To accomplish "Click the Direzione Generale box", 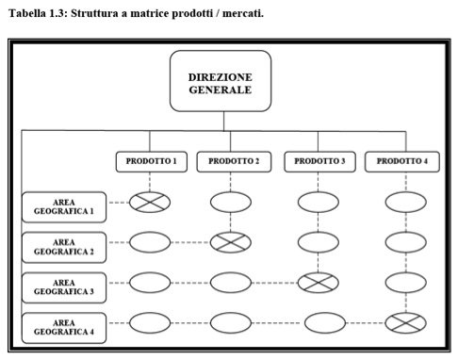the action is [x=221, y=81].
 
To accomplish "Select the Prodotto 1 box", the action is [x=152, y=162].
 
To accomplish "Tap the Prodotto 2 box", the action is [x=234, y=162].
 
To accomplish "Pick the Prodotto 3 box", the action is [x=319, y=162].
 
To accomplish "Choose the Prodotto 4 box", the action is [x=402, y=162].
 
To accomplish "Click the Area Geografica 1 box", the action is [x=64, y=207].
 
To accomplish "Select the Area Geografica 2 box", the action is [x=64, y=247].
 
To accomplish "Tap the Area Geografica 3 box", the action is [x=64, y=287].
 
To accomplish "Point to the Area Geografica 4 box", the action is [x=64, y=328].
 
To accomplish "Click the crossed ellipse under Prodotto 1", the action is [x=150, y=203].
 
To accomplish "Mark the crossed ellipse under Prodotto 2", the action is [x=231, y=242].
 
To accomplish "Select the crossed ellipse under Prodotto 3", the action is [x=319, y=283].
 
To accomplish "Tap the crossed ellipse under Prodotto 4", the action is [x=406, y=323].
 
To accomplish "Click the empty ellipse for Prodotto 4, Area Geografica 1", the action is [x=406, y=203].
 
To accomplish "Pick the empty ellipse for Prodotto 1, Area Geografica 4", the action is [x=150, y=323].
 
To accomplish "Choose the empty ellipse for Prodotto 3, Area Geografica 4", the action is [x=325, y=323].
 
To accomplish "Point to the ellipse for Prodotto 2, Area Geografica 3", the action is [x=231, y=283].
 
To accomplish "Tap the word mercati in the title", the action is [x=242, y=13].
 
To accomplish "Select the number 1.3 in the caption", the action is [x=58, y=13].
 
